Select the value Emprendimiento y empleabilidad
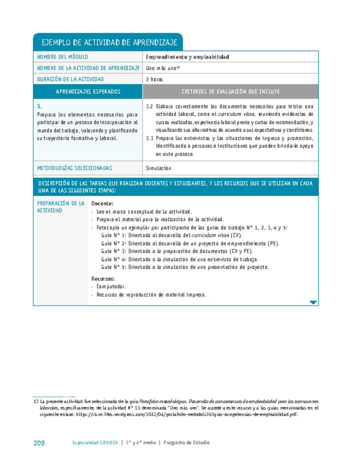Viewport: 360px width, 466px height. point(187,57)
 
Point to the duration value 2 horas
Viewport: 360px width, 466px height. point(154,79)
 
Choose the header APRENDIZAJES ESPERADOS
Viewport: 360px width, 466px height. point(88,91)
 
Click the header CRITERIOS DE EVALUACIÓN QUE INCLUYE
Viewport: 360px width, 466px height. point(230,91)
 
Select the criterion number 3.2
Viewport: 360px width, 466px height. point(149,106)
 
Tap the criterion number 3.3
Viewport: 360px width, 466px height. point(149,138)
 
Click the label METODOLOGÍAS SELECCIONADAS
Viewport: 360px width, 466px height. point(74,168)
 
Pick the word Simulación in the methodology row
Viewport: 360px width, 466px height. point(158,168)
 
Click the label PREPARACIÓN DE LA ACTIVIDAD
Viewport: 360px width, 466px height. point(60,207)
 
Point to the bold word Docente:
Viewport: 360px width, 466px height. point(102,203)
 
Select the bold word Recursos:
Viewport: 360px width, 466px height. point(103,278)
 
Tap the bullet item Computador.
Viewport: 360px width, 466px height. point(111,286)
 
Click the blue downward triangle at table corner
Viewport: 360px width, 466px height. point(313,302)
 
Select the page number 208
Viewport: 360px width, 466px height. point(39,442)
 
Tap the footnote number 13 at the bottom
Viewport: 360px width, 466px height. point(35,401)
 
